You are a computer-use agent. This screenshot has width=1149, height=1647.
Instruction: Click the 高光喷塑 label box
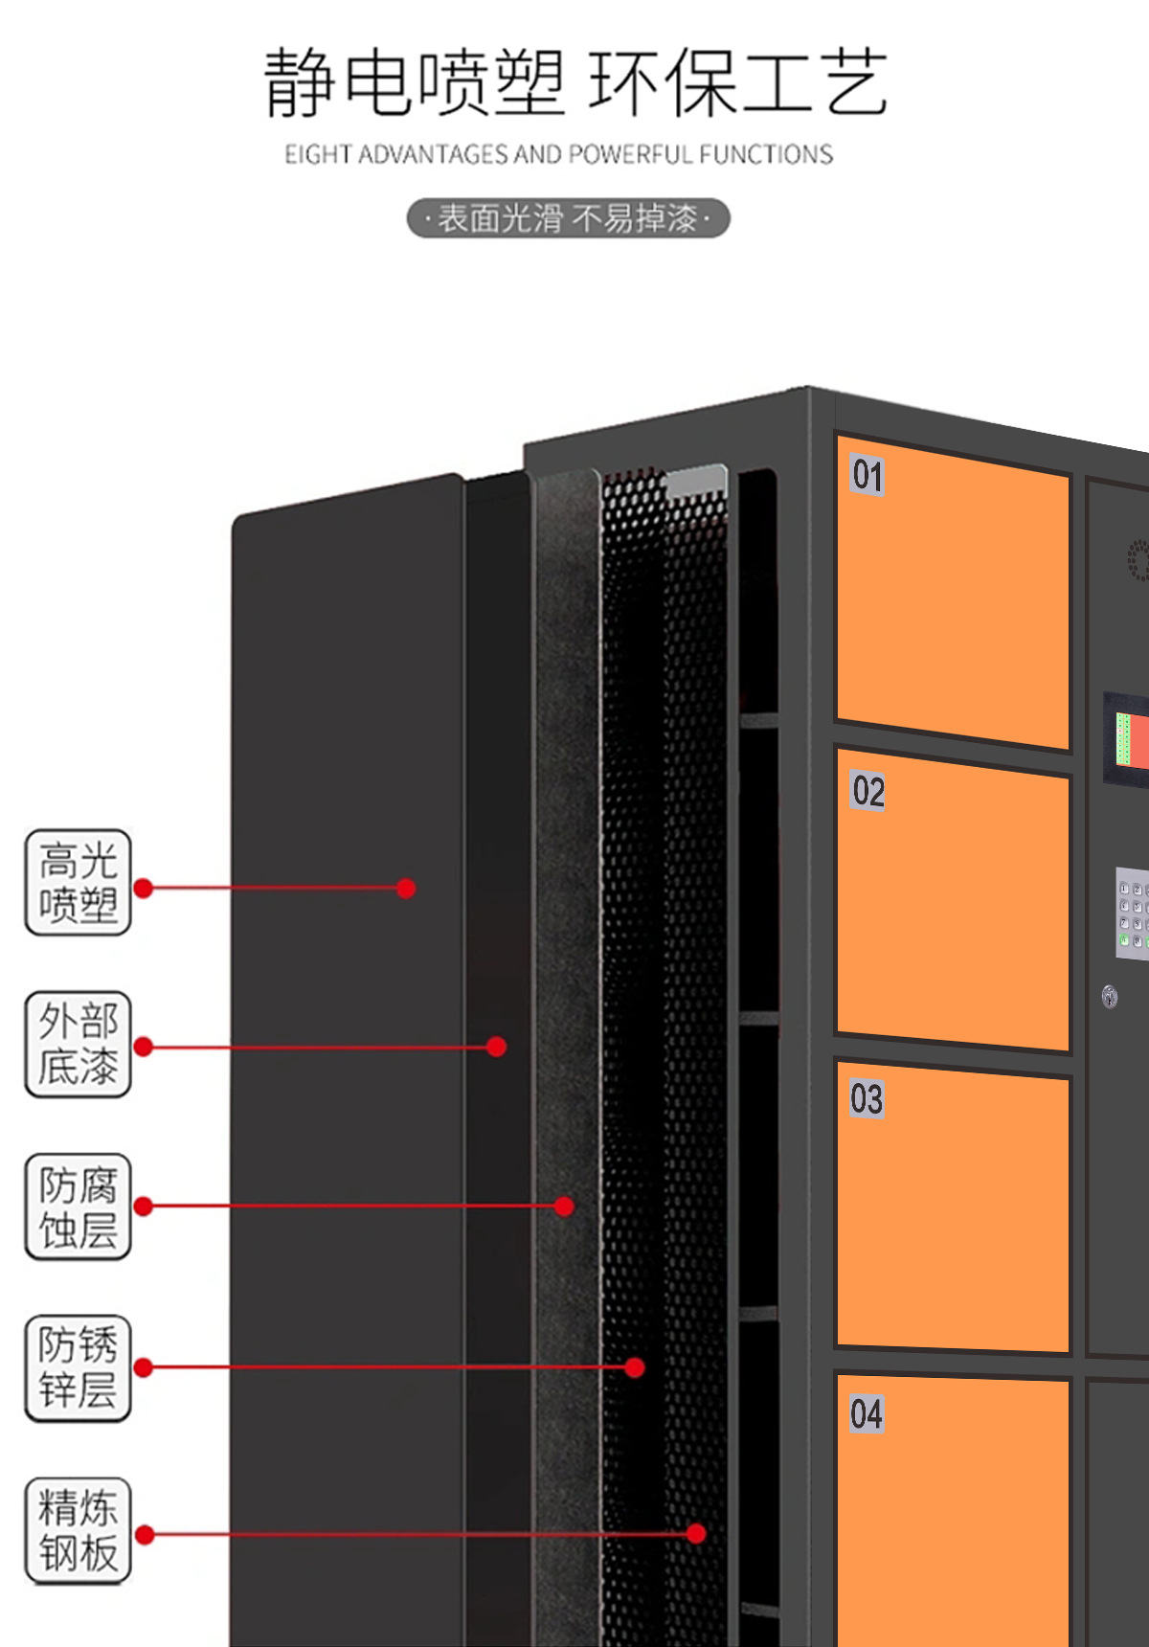click(78, 882)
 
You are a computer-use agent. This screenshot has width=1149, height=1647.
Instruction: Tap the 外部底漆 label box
click(78, 1044)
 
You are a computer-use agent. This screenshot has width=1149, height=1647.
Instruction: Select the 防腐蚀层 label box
click(78, 1207)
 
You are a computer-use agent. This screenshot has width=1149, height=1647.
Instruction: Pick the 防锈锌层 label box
click(78, 1367)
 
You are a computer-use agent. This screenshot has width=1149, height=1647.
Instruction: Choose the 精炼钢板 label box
click(78, 1530)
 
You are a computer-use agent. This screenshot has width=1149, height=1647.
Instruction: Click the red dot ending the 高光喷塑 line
click(406, 889)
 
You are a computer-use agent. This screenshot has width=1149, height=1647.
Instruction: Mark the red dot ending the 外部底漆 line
click(496, 1047)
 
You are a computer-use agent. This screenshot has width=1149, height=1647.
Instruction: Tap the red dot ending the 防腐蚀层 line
click(565, 1206)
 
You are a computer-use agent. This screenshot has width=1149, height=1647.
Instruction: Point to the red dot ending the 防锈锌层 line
click(634, 1367)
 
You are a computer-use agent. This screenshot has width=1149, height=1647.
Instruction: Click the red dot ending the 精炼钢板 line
click(696, 1533)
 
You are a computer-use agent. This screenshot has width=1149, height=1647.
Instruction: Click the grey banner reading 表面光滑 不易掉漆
click(569, 218)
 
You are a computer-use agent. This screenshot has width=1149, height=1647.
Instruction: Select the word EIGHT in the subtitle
click(319, 154)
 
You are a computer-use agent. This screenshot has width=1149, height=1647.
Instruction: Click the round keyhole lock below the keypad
click(1110, 997)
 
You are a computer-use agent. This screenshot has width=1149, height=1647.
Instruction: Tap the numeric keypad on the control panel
click(1133, 913)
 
